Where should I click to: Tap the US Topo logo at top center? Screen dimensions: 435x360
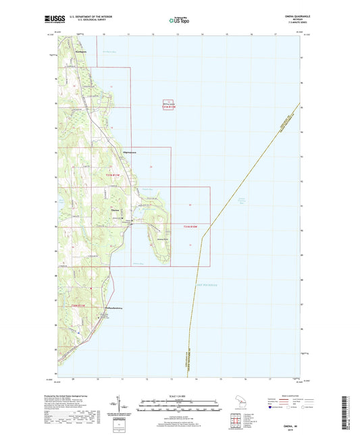tap(180, 21)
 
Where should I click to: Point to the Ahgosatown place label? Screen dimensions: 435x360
tap(128, 153)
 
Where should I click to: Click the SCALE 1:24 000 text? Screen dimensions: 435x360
tap(180, 396)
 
